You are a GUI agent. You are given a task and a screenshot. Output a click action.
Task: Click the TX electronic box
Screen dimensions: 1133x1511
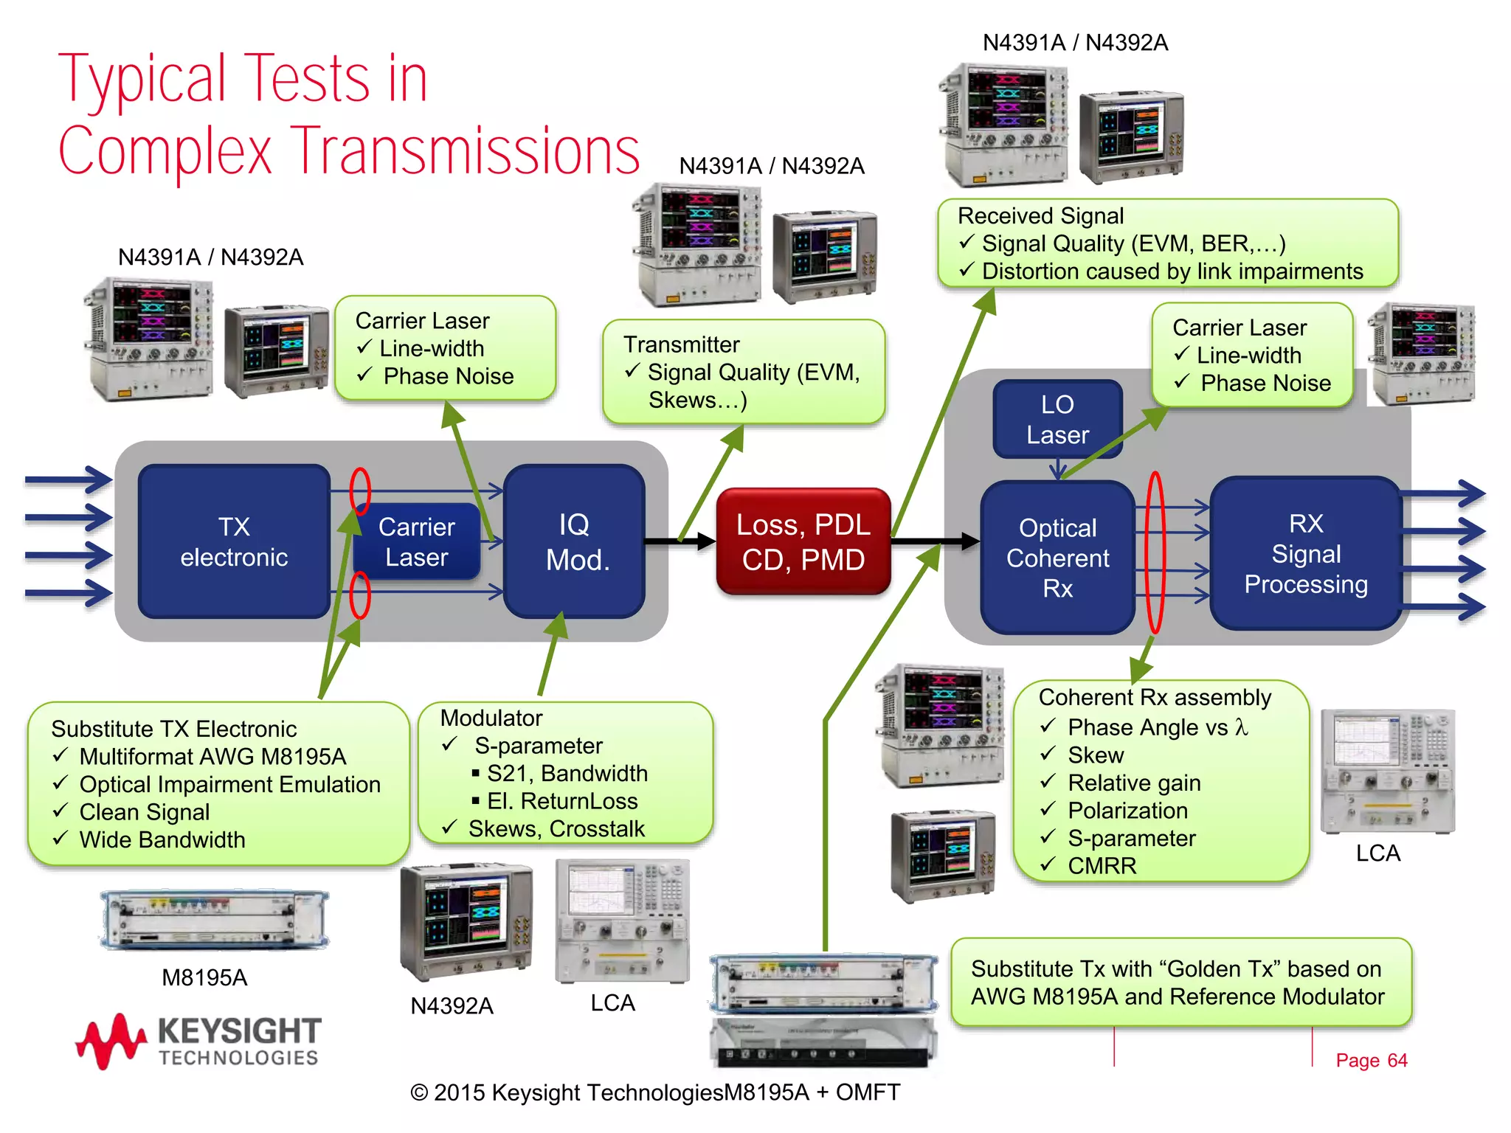coord(233,541)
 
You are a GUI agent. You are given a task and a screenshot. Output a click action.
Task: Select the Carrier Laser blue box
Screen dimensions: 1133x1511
coord(416,541)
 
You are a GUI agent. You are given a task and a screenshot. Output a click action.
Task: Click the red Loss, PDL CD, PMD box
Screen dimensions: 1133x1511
coord(803,541)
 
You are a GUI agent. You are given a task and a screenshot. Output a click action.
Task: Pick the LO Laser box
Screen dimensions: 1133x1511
coord(1057,419)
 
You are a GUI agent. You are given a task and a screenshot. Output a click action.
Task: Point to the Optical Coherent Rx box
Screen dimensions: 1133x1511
coord(1057,558)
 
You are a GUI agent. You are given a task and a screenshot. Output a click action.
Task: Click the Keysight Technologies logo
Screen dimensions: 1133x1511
coord(199,1040)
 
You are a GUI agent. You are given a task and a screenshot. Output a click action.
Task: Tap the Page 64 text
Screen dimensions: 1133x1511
coord(1371,1060)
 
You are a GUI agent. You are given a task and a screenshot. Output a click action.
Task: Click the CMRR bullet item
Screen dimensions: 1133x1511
coord(1102,866)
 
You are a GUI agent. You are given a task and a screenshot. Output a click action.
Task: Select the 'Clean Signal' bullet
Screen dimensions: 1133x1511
coord(144,812)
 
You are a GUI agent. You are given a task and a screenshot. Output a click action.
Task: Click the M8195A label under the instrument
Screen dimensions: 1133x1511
coord(204,977)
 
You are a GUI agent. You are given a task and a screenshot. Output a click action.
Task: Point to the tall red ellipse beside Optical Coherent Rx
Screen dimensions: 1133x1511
coord(1155,553)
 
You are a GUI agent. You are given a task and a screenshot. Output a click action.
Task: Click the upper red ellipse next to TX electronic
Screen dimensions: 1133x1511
coord(360,491)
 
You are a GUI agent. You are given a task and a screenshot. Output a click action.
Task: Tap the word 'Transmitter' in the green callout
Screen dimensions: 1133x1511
coord(681,344)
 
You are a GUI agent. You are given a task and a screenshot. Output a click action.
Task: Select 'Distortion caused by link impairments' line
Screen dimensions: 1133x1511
coord(1172,271)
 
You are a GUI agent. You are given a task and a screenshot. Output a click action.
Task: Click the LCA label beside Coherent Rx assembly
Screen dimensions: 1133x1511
coord(1377,853)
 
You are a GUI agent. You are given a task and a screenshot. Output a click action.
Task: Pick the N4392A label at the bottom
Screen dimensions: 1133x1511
coord(452,1005)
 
